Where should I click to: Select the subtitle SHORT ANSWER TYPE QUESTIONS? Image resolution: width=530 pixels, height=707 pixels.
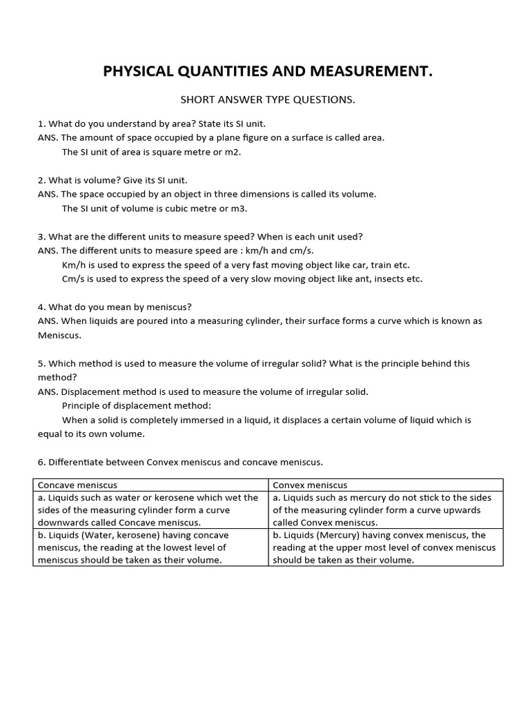point(268,100)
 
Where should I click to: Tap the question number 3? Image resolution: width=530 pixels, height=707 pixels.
point(41,237)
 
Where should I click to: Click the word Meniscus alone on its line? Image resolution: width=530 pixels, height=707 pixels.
point(59,336)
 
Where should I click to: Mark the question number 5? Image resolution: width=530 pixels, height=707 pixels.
point(41,363)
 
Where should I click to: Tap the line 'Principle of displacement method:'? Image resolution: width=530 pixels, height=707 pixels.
point(137,406)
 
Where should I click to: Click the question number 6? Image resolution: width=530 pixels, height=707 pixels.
point(41,462)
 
